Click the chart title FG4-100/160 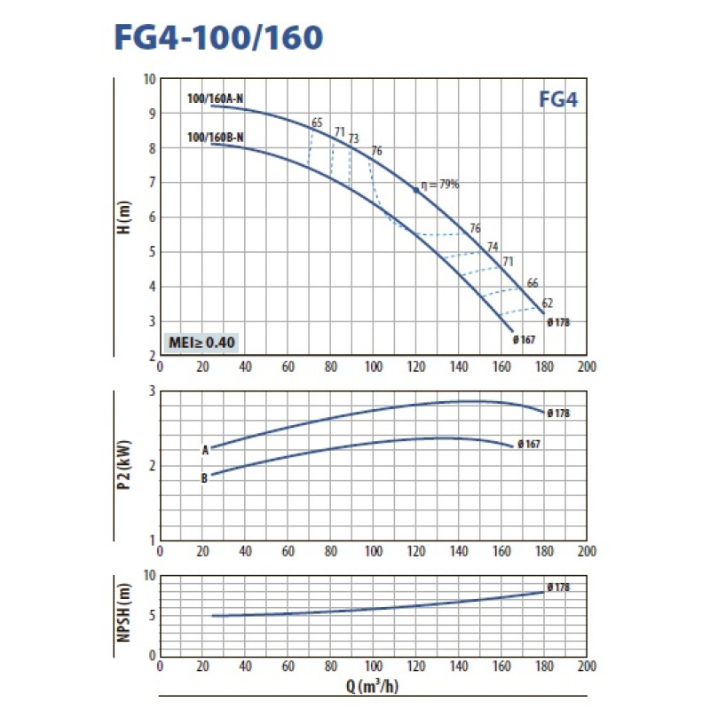218,36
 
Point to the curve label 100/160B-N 215,136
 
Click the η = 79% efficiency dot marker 414,189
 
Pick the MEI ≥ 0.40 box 202,342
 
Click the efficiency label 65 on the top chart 317,122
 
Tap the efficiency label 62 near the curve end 548,303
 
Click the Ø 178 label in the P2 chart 558,413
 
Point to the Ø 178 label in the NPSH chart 558,587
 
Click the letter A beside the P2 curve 205,449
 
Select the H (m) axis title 126,216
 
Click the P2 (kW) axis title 126,464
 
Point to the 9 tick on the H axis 152,113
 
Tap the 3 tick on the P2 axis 152,391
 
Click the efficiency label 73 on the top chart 353,138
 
